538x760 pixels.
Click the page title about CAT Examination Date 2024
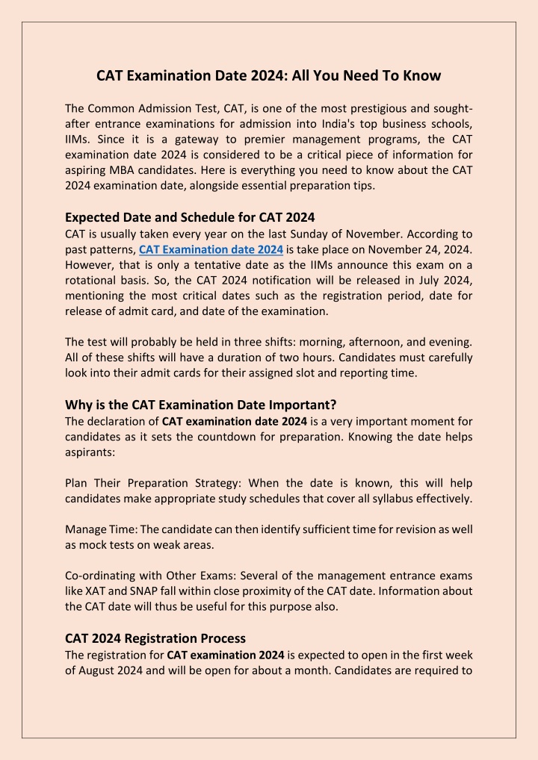(x=269, y=75)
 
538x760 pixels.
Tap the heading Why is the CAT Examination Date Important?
(x=201, y=405)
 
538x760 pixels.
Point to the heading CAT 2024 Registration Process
(x=155, y=638)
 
